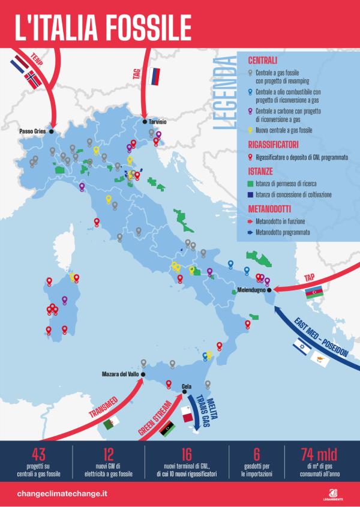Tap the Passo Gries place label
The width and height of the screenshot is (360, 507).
[34, 131]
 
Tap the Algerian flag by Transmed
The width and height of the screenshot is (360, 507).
[127, 425]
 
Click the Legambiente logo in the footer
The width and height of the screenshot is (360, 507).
[332, 491]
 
